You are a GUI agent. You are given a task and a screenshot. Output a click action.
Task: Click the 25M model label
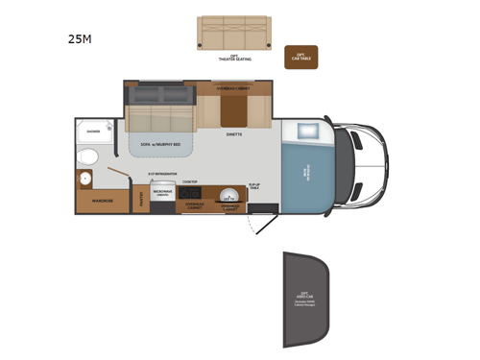tap(80, 40)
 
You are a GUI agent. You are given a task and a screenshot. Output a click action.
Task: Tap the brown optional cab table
tap(300, 56)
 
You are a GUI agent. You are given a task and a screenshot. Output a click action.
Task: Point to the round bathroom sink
tap(84, 179)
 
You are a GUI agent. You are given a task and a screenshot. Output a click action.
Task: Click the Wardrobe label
tap(103, 201)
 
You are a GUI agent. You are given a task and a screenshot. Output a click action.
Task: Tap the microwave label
tap(162, 193)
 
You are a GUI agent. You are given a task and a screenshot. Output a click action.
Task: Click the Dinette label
tap(234, 135)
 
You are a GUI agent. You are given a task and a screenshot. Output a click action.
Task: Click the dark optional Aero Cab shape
tap(304, 297)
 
